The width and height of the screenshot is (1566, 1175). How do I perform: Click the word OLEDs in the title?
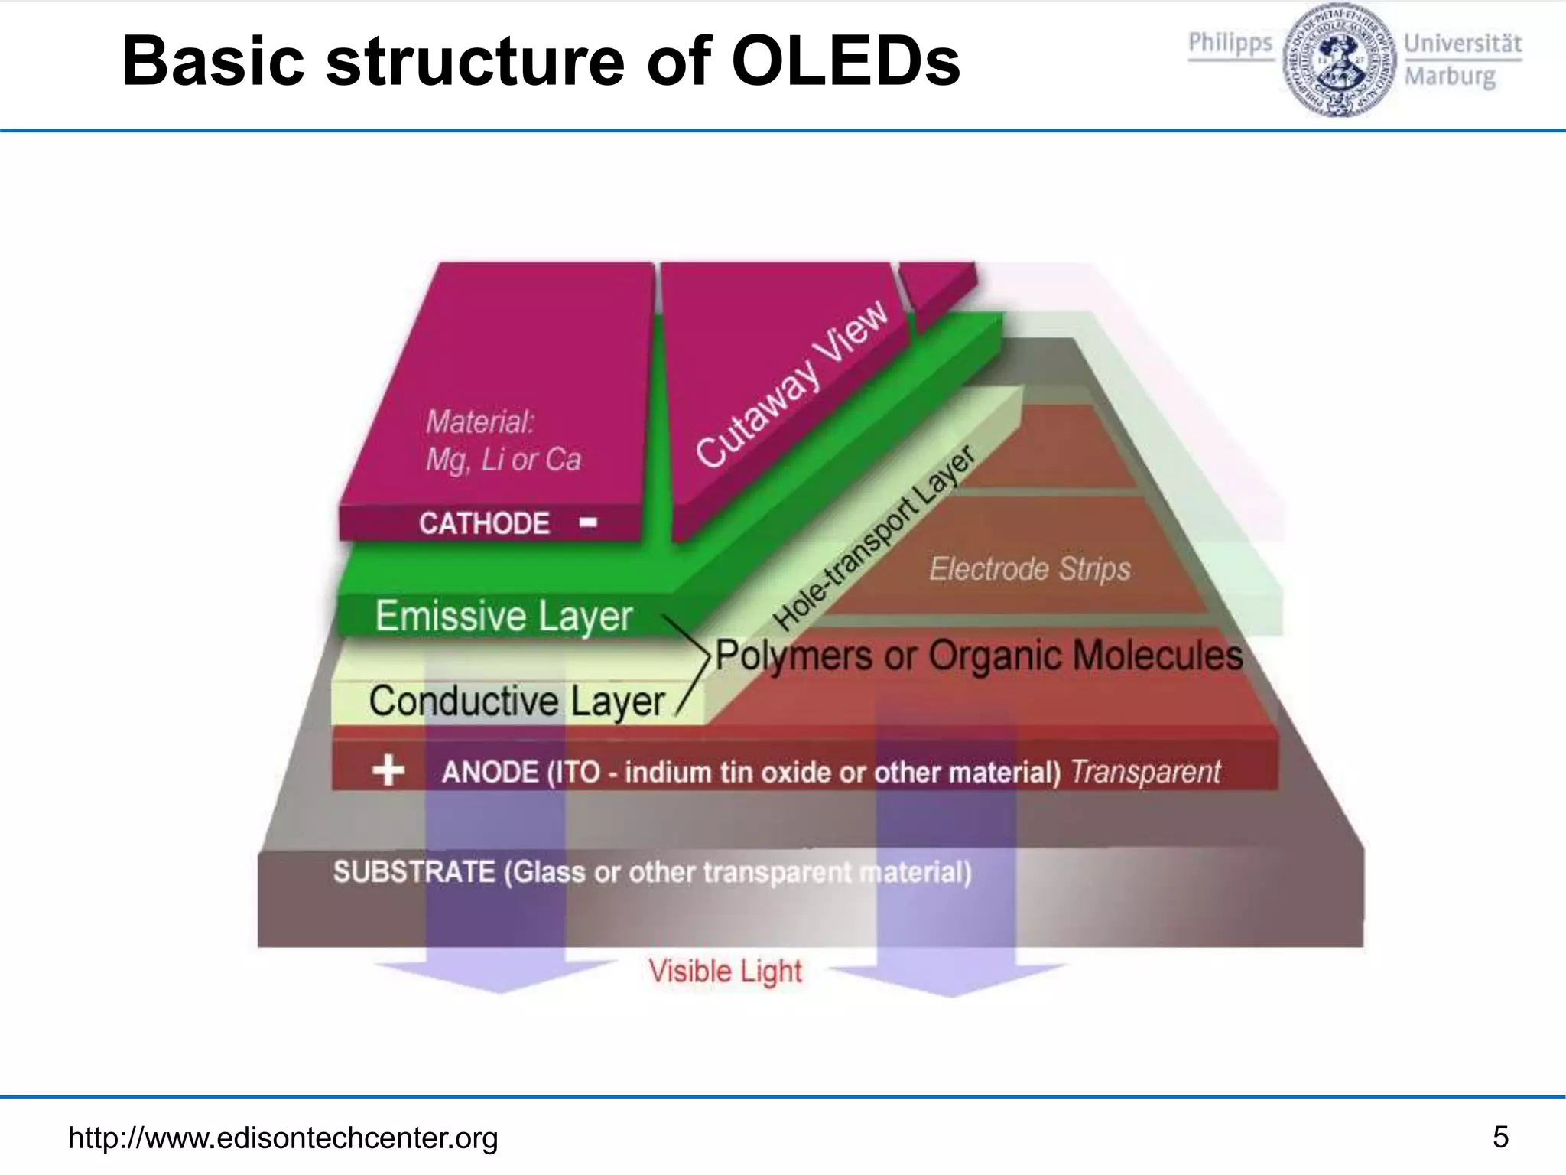[845, 61]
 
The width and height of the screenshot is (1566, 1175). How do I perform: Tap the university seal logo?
[1337, 60]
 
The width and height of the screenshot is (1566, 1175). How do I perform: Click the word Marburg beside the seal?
[1450, 76]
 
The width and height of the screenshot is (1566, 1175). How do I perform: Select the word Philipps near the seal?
[1230, 43]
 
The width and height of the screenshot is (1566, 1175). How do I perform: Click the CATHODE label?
[484, 523]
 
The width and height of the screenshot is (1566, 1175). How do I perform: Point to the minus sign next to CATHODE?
[588, 522]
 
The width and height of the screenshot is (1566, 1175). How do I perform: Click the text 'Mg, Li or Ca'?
[503, 459]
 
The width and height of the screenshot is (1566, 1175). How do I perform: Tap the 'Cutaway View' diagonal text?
[792, 382]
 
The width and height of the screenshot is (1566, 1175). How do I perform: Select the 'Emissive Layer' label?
[504, 616]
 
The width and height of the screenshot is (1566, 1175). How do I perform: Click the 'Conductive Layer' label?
[517, 701]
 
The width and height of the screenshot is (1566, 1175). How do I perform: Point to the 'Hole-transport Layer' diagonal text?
[875, 539]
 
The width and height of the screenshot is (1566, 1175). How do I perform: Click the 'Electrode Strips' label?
[1029, 569]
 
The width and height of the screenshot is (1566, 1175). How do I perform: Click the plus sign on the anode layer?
[388, 770]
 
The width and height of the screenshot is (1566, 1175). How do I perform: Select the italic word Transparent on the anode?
[1145, 772]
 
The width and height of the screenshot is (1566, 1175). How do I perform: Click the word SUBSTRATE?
[414, 872]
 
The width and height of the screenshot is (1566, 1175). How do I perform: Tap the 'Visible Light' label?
[725, 972]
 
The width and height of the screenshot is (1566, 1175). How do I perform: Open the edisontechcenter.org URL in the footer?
[283, 1138]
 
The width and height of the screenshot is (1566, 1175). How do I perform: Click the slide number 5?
[1500, 1137]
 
